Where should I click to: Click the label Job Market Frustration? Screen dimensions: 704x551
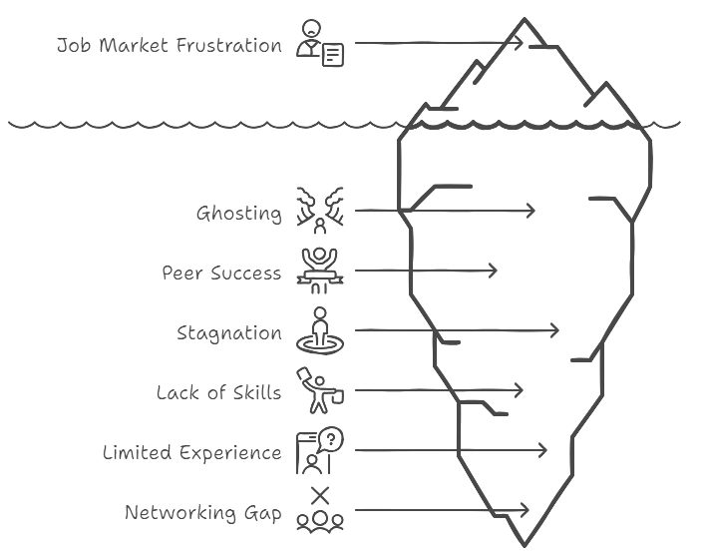pos(170,45)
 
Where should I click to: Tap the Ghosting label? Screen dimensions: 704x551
pos(239,214)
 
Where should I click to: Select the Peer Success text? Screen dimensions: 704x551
pos(221,273)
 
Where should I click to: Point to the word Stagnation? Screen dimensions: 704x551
pos(229,333)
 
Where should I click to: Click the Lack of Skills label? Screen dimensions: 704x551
pos(219,393)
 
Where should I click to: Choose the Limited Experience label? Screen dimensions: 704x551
pos(192,452)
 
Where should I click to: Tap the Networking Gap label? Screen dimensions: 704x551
pos(203,513)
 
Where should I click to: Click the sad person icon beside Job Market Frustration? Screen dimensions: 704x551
pos(320,43)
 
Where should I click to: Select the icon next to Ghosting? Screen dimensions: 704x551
pos(320,211)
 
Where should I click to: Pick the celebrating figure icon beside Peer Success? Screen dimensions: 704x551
pos(320,271)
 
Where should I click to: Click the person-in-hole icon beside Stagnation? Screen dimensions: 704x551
pos(320,330)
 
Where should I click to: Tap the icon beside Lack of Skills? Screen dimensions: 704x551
pos(320,390)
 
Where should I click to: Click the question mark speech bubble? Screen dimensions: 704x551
pos(331,438)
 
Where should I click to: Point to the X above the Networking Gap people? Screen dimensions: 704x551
pos(320,496)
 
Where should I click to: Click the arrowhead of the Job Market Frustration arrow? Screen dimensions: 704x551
pos(521,43)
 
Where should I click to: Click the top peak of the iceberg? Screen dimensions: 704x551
pos(525,19)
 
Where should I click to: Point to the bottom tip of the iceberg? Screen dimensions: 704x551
pos(525,545)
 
